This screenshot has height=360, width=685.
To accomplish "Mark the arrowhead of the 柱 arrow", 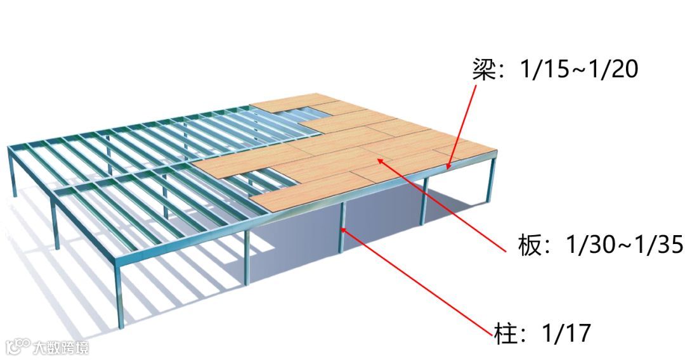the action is click(343, 229).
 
